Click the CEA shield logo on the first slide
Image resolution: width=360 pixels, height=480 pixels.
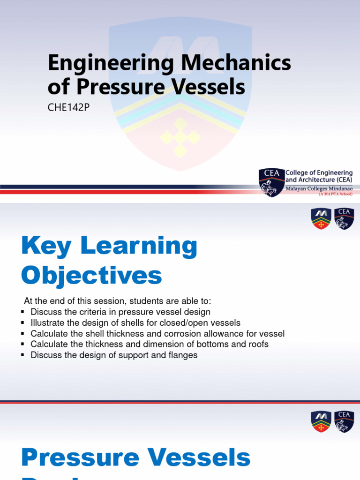pos(271,182)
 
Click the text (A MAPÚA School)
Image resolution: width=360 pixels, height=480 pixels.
pos(335,193)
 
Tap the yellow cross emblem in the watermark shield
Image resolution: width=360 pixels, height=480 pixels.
pos(180,137)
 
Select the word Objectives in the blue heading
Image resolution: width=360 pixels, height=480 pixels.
pos(92,276)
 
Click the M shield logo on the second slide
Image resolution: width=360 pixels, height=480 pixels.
pos(321,219)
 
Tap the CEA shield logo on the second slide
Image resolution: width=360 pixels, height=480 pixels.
pos(344,219)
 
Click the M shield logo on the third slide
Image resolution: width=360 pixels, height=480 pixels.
pos(321,421)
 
